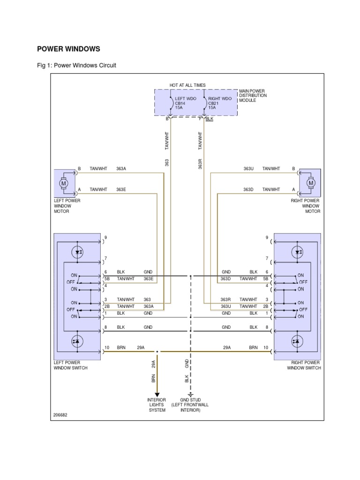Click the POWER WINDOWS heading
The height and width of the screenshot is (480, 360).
tap(68, 49)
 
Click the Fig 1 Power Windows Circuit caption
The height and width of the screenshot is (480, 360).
tap(76, 66)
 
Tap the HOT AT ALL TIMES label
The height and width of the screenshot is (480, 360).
tap(187, 85)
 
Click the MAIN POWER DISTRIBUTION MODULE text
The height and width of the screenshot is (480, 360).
tap(253, 95)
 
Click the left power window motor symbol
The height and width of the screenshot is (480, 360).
tap(64, 183)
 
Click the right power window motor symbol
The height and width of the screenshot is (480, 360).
tap(309, 183)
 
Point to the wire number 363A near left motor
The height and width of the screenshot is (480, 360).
tap(121, 169)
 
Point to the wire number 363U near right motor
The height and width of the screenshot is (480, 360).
tap(248, 169)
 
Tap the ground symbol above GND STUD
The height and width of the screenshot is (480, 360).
tap(190, 395)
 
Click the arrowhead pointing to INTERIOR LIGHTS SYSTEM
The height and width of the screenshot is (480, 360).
tap(157, 394)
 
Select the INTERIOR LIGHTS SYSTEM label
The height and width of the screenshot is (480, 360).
tap(157, 405)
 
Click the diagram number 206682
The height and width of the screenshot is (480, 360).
tap(61, 416)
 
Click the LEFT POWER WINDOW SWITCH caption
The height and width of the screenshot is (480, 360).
tap(71, 366)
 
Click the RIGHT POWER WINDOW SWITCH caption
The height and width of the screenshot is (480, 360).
tap(304, 366)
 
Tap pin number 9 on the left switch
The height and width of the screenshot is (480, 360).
tap(106, 238)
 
